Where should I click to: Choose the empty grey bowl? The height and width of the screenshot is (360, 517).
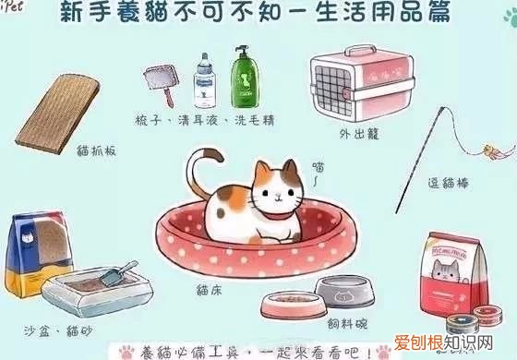click(x=346, y=289)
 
